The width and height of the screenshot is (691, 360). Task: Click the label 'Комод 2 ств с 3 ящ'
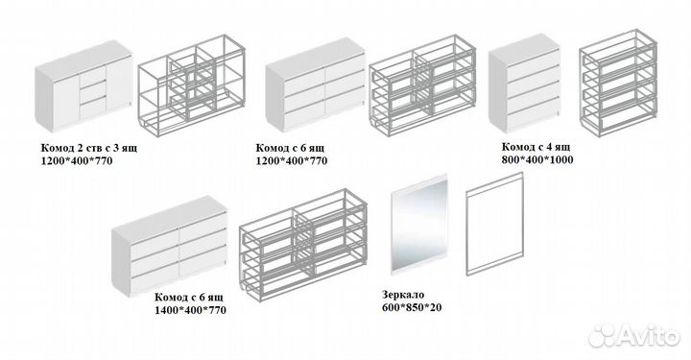coord(89,148)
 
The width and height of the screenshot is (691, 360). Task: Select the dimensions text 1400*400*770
coord(190,310)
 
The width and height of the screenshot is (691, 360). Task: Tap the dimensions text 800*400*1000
coord(537,159)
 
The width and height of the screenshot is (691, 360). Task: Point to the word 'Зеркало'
coord(403,295)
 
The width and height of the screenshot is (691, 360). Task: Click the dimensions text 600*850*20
coord(412,307)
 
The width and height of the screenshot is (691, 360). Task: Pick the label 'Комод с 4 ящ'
coord(536,146)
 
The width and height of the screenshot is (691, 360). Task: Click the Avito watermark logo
coord(633,336)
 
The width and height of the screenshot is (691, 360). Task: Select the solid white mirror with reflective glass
coord(419,224)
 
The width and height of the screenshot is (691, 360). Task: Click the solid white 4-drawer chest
coord(525,84)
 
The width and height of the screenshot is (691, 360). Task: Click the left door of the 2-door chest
coord(65,102)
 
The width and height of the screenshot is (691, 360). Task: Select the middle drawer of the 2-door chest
coord(93,90)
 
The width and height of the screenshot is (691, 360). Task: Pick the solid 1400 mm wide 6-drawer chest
coord(169,246)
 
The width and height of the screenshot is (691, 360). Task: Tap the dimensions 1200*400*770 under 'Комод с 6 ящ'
coord(292,161)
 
